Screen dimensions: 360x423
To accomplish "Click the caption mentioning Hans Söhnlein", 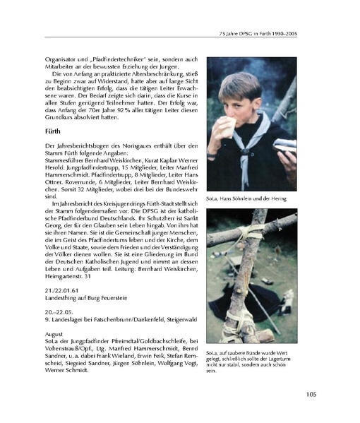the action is click(246, 200).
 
